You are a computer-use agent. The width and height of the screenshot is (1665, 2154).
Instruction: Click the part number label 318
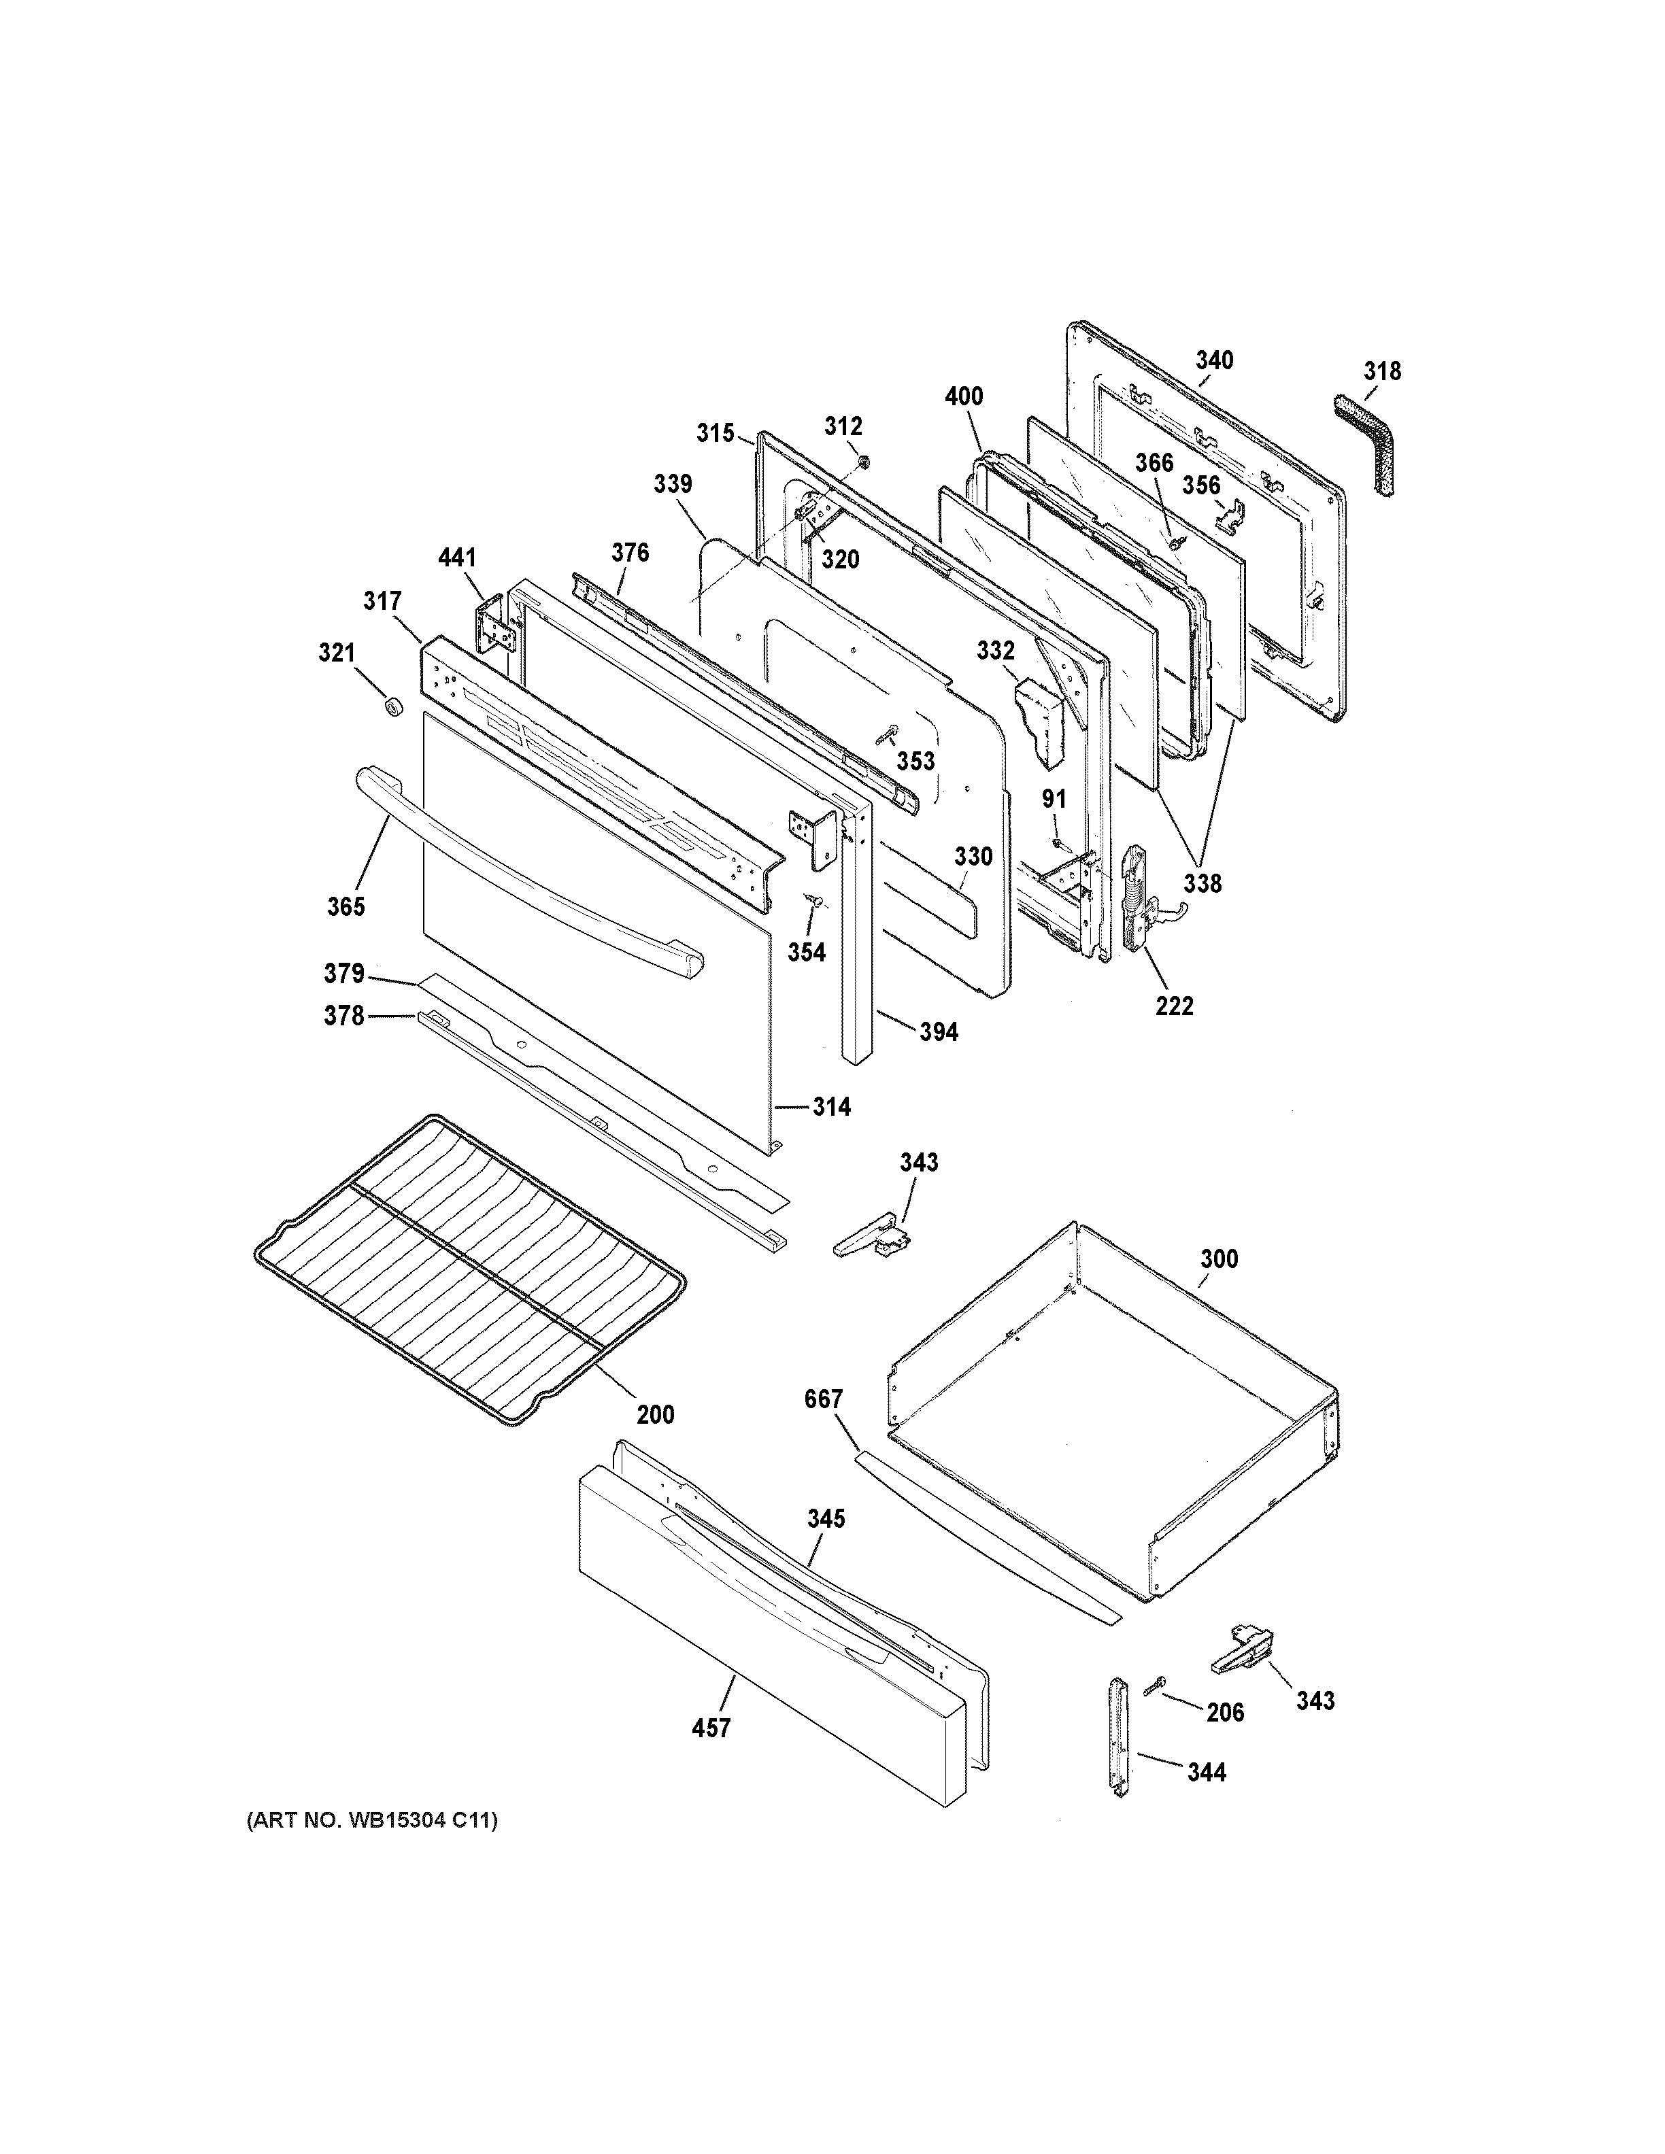point(1382,372)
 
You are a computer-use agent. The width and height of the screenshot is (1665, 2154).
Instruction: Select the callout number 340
point(1214,361)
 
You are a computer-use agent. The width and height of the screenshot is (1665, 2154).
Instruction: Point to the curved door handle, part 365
point(523,868)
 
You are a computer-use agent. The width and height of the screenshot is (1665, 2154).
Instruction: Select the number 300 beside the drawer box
point(1218,1259)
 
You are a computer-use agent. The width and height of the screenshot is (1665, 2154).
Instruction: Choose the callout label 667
point(822,1399)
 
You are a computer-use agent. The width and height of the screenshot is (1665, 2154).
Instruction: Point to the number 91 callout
point(1054,799)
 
